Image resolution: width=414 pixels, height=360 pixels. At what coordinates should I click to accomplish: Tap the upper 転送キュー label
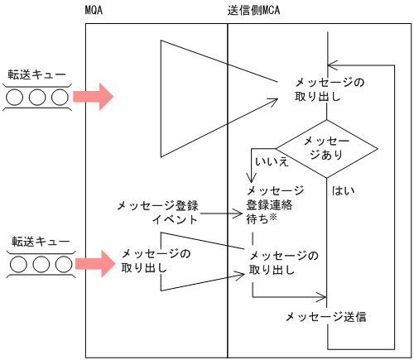click(x=36, y=74)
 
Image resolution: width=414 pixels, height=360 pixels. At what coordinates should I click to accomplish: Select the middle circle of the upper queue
click(x=37, y=97)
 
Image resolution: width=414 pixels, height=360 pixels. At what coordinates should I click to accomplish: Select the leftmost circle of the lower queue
click(x=17, y=266)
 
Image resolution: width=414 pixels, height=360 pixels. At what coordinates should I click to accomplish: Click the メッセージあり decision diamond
click(x=326, y=147)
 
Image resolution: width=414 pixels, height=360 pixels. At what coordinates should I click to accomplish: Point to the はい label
click(x=343, y=191)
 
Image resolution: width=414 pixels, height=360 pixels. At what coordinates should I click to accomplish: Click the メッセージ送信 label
click(x=325, y=316)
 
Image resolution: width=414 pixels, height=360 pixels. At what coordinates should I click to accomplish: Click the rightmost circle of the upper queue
click(x=58, y=97)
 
